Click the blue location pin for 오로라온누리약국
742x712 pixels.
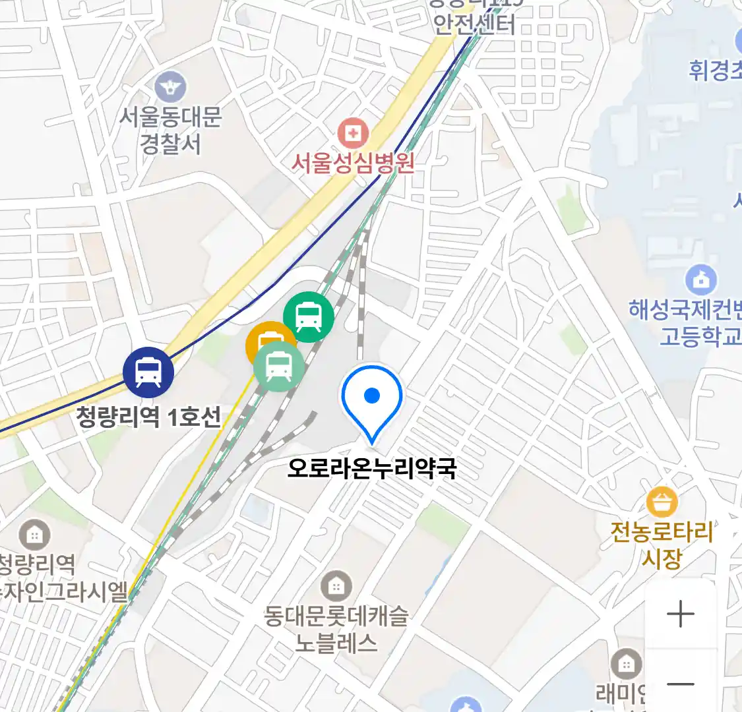tap(372, 398)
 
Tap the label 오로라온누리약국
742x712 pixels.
tap(372, 468)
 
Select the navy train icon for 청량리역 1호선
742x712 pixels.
tap(148, 372)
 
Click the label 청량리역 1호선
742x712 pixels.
tap(148, 417)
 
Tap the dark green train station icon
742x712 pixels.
tap(309, 317)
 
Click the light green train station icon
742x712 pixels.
tap(280, 367)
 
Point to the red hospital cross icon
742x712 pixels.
tap(354, 134)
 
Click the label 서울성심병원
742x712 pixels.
tap(354, 162)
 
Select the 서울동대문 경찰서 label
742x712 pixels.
tap(171, 131)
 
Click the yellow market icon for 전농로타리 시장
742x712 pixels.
tap(662, 502)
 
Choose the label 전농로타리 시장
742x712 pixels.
tap(662, 545)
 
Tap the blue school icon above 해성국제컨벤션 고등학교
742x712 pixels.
tap(701, 280)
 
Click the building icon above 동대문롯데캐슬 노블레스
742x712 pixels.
tap(336, 585)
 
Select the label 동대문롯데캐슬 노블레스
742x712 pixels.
tap(336, 629)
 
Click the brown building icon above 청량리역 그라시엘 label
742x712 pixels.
tap(34, 535)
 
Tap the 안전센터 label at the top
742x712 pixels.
tap(474, 24)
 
